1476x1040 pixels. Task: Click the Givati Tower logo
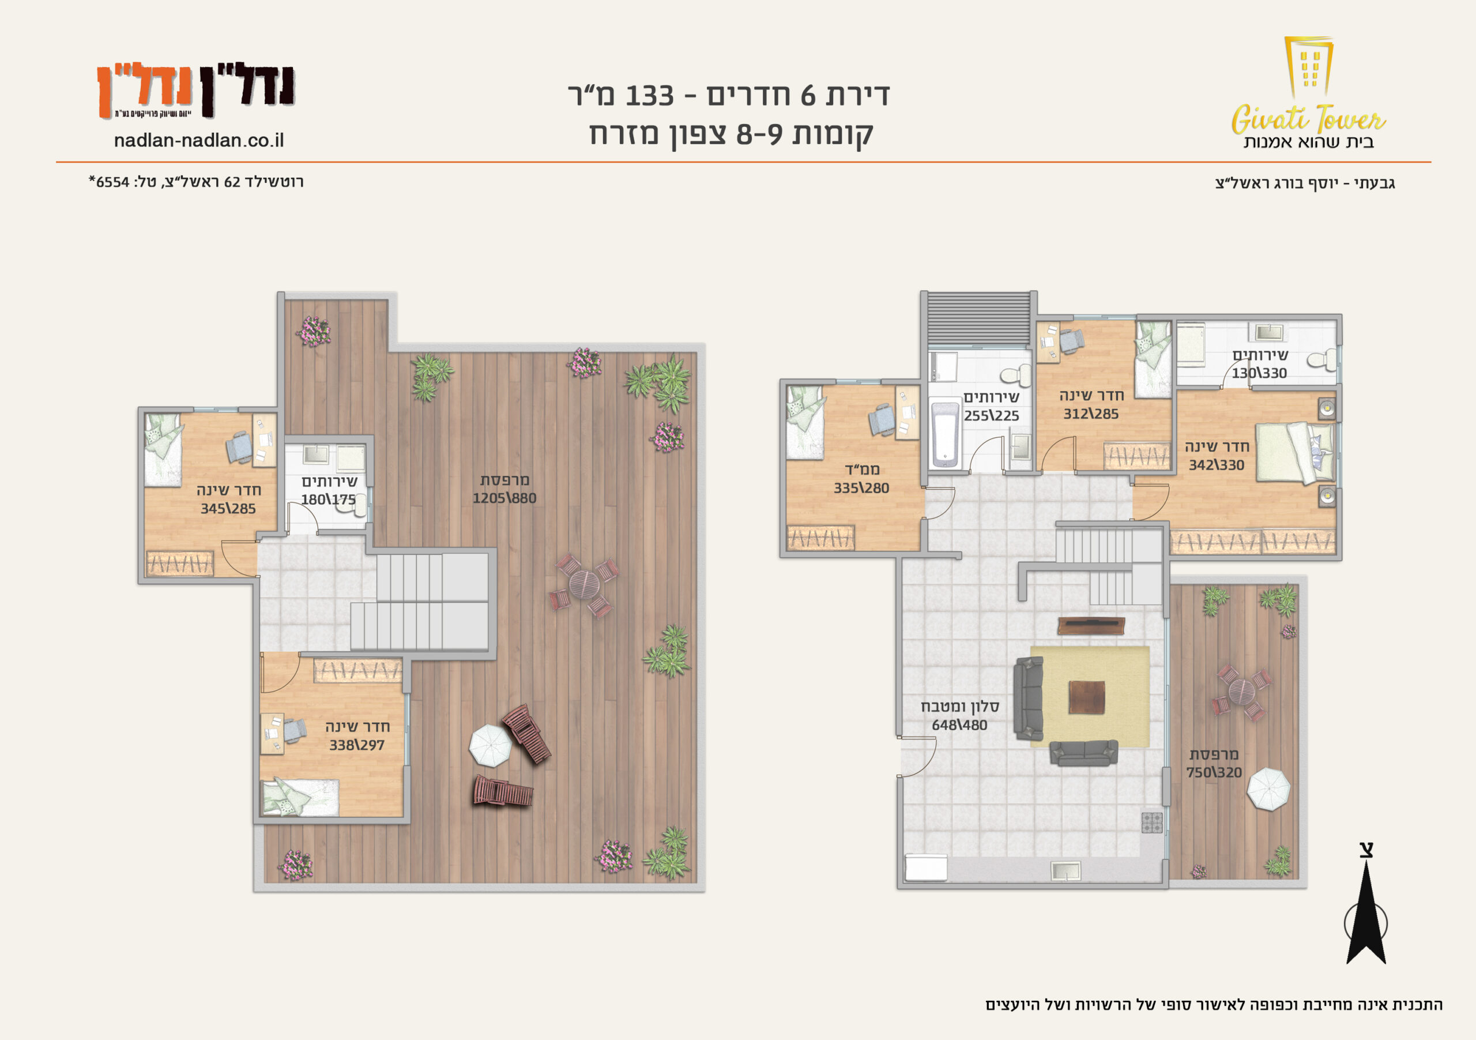point(1308,93)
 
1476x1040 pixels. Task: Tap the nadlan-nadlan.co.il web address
point(199,141)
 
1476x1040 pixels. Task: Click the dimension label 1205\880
point(504,498)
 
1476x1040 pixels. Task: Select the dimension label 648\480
point(959,725)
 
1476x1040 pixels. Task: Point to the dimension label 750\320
point(1214,772)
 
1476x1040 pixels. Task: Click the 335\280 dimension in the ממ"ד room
point(861,488)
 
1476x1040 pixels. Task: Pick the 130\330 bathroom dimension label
point(1259,373)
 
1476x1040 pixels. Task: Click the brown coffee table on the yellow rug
point(1086,697)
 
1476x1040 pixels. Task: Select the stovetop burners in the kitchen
point(1151,823)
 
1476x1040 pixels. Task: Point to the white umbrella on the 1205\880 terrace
point(491,746)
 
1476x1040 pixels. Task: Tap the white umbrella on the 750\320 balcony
point(1268,789)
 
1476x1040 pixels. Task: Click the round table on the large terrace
point(583,584)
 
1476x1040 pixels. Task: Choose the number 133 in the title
point(649,96)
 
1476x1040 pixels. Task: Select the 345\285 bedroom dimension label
point(228,509)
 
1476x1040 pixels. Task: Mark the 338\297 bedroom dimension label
point(357,745)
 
